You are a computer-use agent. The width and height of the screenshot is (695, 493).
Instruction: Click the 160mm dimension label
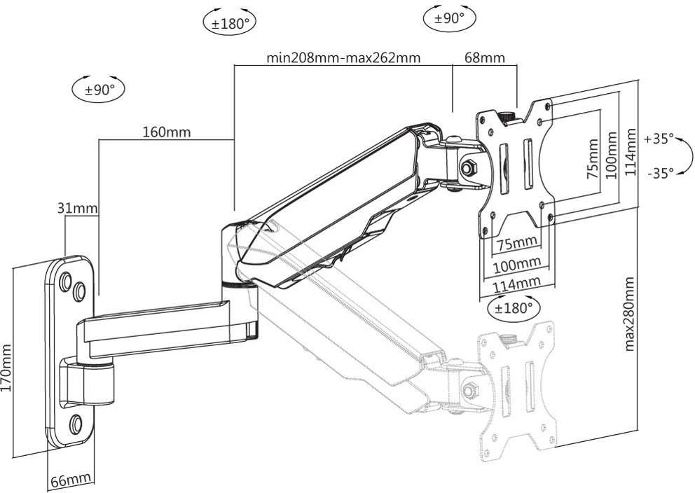(x=166, y=132)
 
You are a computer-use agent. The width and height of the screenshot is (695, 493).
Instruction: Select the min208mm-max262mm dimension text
(x=343, y=58)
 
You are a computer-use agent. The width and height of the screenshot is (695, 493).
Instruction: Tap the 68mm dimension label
(x=484, y=57)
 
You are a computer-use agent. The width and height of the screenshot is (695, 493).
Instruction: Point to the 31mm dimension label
(x=78, y=208)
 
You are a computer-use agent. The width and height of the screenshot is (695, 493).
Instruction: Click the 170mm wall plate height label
(x=6, y=368)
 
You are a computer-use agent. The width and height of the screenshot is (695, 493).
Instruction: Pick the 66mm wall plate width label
(x=71, y=480)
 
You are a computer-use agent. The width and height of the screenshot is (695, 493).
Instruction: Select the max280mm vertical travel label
(x=629, y=314)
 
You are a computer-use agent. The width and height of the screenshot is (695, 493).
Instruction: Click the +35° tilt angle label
(x=659, y=139)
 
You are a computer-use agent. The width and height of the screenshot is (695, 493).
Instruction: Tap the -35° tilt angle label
(x=661, y=173)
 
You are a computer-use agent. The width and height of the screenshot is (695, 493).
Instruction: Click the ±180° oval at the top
(x=230, y=22)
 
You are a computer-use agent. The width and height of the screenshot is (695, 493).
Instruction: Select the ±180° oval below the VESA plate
(x=514, y=307)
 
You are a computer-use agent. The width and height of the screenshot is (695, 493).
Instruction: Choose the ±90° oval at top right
(x=450, y=19)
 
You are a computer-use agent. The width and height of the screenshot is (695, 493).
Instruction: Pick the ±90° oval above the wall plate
(x=98, y=90)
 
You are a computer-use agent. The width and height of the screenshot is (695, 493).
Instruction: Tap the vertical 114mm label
(x=631, y=152)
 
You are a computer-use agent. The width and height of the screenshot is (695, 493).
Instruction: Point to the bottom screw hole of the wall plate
(x=76, y=424)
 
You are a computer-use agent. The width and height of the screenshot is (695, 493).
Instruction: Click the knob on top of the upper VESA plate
(x=507, y=118)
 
